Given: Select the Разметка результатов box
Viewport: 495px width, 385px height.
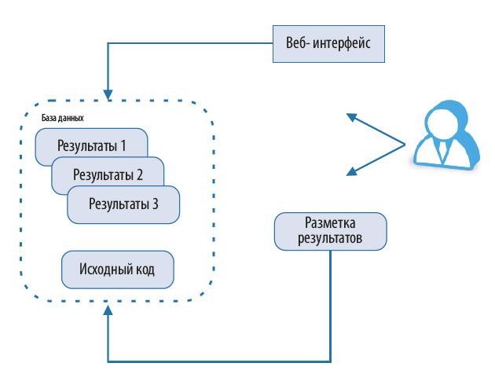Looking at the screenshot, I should click(x=331, y=231).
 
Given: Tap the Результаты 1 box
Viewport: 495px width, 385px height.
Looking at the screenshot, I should click(x=91, y=145).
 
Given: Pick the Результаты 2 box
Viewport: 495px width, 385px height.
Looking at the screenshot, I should click(x=108, y=175).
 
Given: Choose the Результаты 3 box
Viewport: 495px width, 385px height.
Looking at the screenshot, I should click(x=124, y=204).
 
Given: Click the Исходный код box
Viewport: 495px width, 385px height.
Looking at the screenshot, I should click(x=117, y=269).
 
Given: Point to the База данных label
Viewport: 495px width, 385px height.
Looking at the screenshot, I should click(x=63, y=117).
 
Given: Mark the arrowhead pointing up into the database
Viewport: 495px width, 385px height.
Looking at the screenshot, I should click(x=107, y=313).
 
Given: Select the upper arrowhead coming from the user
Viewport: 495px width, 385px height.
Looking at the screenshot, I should click(x=351, y=117).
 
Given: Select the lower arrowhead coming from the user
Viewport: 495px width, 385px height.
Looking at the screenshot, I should click(x=351, y=172).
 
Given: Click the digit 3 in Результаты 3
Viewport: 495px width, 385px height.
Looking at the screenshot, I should click(x=155, y=204).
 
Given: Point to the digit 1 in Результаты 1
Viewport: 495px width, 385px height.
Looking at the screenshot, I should click(x=123, y=145).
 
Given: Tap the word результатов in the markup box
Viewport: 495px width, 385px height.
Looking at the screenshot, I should click(x=331, y=238).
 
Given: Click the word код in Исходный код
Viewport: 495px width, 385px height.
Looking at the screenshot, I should click(x=143, y=269).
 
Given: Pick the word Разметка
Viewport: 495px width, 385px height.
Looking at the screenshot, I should click(x=331, y=223).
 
